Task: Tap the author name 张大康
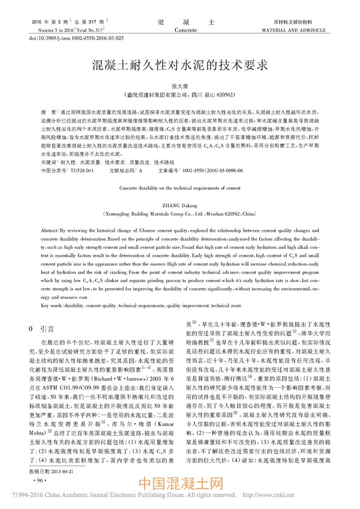point(180,85)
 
